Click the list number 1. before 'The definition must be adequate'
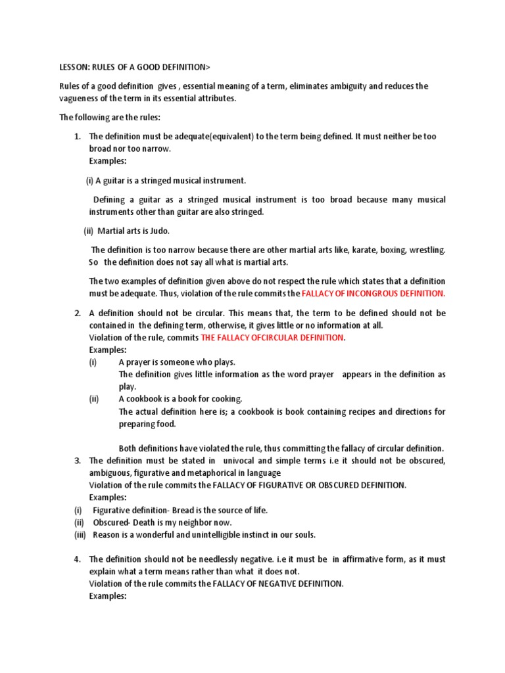(x=77, y=137)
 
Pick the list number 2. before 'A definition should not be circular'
(x=77, y=313)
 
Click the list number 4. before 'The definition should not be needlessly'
(x=77, y=559)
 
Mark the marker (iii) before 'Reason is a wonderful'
(x=80, y=534)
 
